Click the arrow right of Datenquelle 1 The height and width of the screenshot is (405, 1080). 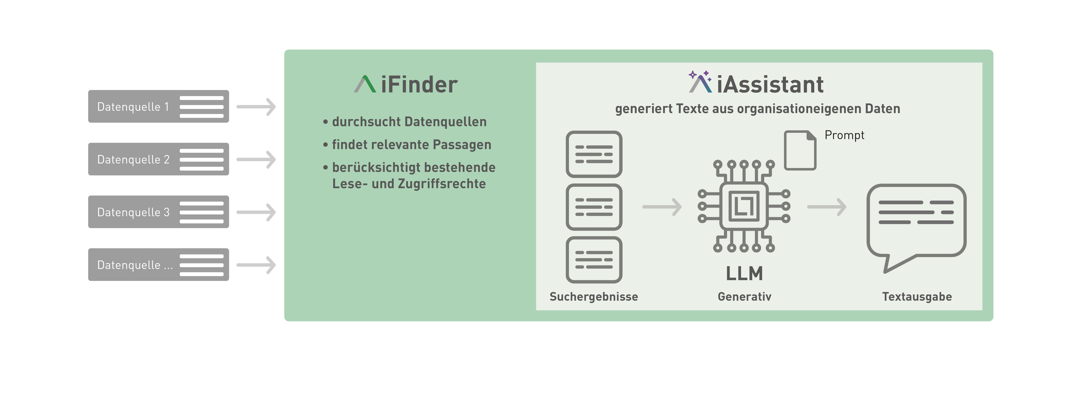pyautogui.click(x=256, y=107)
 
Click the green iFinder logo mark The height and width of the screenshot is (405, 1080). pyautogui.click(x=365, y=84)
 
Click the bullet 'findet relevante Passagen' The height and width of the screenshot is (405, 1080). pyautogui.click(x=411, y=145)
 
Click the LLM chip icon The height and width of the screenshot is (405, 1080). pyautogui.click(x=744, y=206)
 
